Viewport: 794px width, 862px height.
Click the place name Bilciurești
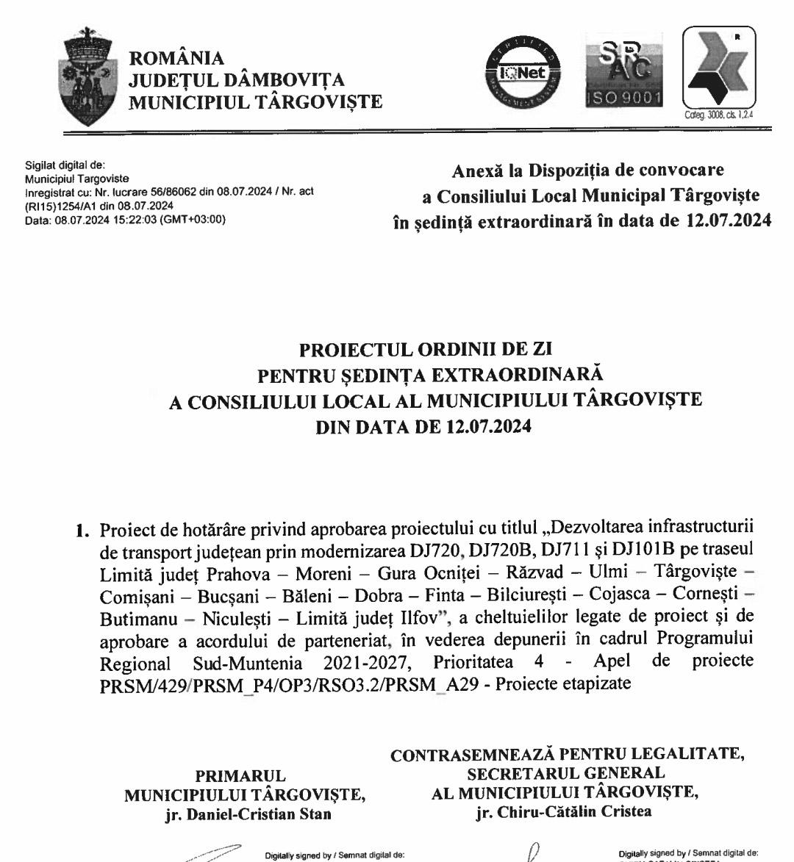click(x=525, y=606)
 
